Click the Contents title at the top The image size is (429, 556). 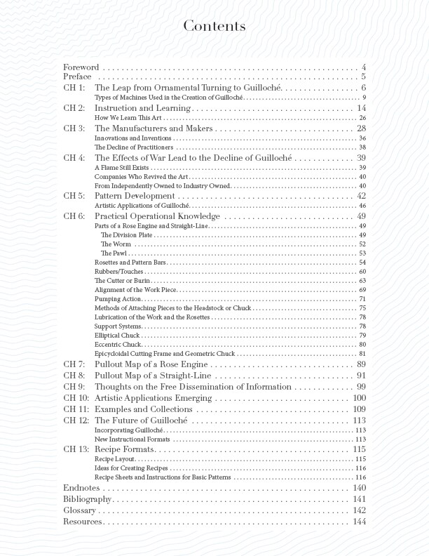[214, 27]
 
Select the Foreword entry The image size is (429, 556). [81, 67]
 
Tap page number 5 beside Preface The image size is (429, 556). [365, 77]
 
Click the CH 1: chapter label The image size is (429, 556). [74, 88]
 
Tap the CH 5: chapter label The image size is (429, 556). [74, 196]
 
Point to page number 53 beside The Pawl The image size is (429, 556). [362, 253]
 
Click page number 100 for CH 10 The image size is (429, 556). [360, 398]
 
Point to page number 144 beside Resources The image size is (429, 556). [360, 522]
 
